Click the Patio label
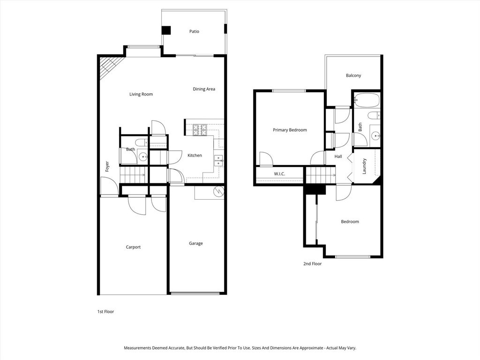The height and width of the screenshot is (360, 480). click(x=194, y=31)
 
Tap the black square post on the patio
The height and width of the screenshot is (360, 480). click(x=166, y=30)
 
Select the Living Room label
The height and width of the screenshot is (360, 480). click(x=141, y=94)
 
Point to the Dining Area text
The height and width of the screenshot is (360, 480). click(x=204, y=89)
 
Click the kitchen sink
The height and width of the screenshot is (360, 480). click(x=218, y=160)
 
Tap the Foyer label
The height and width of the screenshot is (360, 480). click(x=107, y=166)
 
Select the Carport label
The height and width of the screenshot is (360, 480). click(x=133, y=247)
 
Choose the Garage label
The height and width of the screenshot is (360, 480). click(x=196, y=243)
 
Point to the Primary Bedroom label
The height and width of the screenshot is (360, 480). click(x=290, y=130)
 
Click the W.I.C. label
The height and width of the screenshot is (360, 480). click(x=280, y=174)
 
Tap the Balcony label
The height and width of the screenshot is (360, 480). click(x=353, y=75)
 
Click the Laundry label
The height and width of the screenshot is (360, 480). click(x=365, y=166)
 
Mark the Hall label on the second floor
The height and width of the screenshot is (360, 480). click(x=338, y=157)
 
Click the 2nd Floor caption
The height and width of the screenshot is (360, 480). click(x=312, y=264)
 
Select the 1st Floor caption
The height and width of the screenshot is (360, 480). click(x=105, y=311)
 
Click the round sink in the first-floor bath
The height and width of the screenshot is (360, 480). click(x=143, y=157)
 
